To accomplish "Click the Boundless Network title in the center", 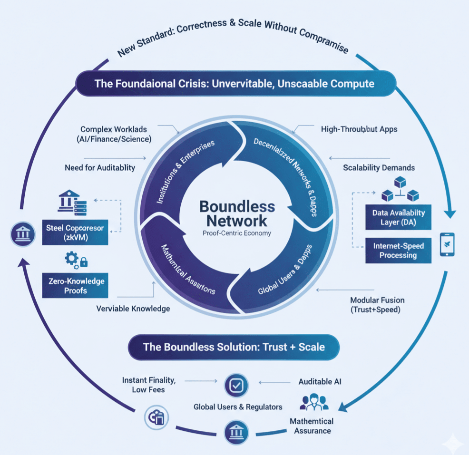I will (237, 214).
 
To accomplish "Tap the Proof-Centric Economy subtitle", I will (236, 233).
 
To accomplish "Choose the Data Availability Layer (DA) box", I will (399, 217).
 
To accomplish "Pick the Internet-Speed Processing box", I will (399, 251).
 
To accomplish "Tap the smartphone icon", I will (448, 244).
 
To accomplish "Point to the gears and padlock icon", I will (77, 260).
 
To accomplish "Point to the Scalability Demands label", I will (379, 167).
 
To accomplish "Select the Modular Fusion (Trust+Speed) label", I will (377, 305).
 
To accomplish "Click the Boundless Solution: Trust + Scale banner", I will (234, 347).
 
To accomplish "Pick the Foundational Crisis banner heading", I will (234, 84).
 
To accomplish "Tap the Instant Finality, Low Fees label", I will (149, 385).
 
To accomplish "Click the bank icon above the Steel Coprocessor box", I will (69, 201).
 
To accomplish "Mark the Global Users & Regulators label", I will (237, 407).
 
